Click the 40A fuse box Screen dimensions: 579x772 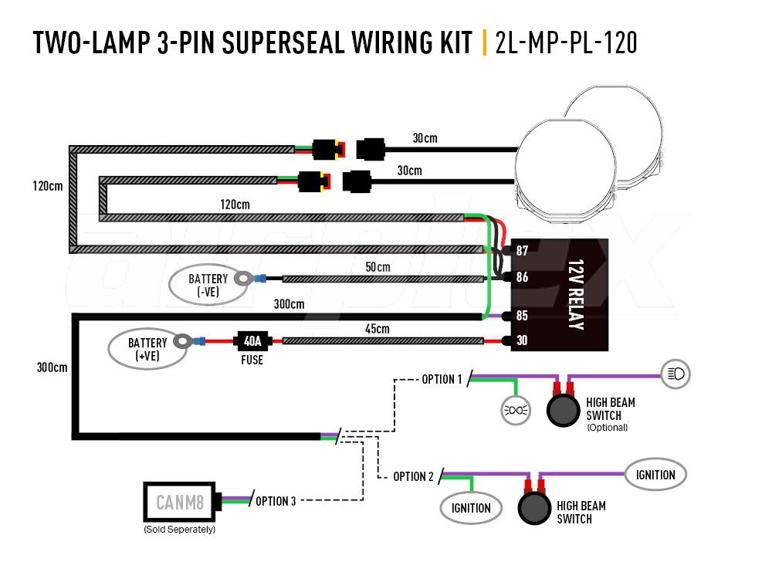coord(252,340)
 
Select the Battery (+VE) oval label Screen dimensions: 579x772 coord(147,349)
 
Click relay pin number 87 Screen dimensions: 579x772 coord(522,251)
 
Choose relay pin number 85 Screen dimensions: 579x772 coord(522,315)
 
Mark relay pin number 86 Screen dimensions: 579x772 coord(522,277)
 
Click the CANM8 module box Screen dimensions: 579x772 coord(180,503)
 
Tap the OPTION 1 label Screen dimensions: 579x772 coord(442,379)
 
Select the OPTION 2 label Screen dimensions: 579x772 coord(413,476)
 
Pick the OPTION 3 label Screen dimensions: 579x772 coord(275,501)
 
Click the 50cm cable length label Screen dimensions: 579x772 coord(378,267)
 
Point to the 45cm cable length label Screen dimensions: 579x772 coord(377,329)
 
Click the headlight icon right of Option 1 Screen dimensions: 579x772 coord(675,374)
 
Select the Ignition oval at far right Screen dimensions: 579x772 coord(655,475)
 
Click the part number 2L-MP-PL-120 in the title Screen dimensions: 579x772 coord(566,43)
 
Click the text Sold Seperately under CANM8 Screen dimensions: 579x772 coord(179,530)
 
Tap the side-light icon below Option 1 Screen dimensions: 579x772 coord(516,410)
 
